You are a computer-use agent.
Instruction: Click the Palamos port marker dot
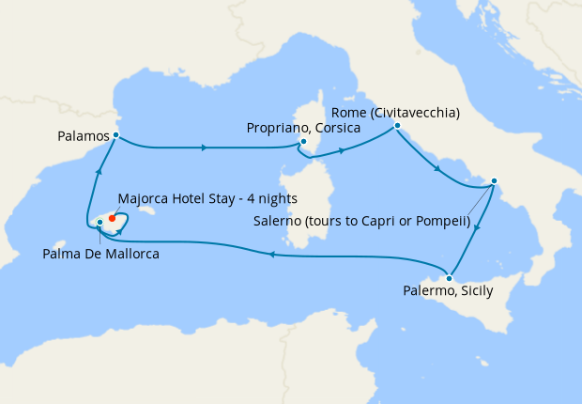click(x=115, y=135)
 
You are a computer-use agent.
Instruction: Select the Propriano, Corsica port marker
click(x=303, y=143)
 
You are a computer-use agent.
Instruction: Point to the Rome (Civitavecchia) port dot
click(x=397, y=125)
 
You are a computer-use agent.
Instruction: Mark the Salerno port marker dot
click(x=494, y=181)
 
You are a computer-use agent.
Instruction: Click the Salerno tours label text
click(x=361, y=222)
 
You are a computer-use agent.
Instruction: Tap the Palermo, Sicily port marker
click(x=450, y=278)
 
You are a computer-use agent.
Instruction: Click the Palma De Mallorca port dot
click(x=100, y=223)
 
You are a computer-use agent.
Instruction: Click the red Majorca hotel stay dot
click(x=112, y=218)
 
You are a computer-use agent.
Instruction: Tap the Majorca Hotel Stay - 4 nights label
click(x=208, y=198)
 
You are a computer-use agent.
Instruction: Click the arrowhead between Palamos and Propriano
click(x=205, y=148)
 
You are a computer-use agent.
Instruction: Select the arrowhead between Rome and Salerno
click(x=436, y=169)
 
